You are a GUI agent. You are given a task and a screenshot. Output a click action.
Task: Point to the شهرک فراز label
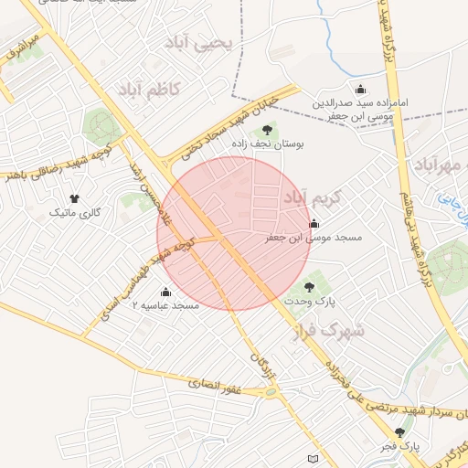(330, 330)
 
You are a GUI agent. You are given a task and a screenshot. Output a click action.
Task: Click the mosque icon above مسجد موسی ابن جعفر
(314, 223)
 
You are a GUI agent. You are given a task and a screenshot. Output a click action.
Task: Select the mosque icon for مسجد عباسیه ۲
(165, 292)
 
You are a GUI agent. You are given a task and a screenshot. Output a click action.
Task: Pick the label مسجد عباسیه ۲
(165, 305)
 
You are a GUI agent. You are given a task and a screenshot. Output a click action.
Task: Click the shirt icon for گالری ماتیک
(74, 198)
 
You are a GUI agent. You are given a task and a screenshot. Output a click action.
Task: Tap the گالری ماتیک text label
(74, 213)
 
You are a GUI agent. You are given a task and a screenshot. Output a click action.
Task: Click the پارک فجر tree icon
(399, 432)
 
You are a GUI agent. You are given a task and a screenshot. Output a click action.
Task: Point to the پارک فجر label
(399, 447)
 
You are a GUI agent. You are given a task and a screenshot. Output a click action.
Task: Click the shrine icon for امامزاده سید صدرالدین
(361, 90)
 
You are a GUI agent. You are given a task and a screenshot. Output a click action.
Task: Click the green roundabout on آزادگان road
(271, 393)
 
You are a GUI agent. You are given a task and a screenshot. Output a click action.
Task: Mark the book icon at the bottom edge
(314, 458)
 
